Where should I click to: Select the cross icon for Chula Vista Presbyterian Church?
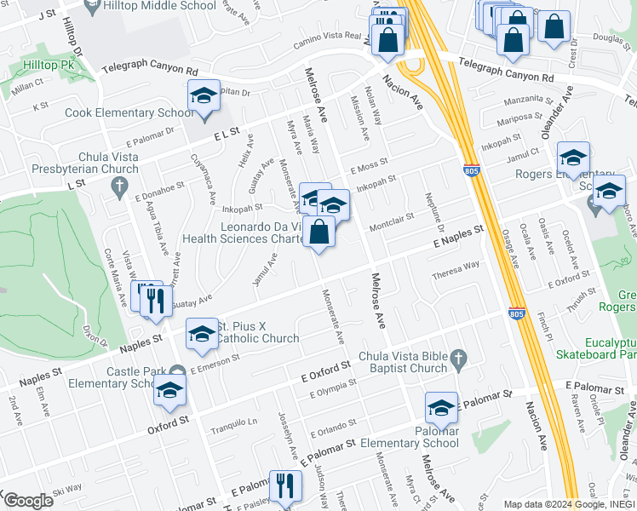point(120,186)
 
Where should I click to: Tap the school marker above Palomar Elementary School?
point(441,409)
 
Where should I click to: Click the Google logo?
point(27,501)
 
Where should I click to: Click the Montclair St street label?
point(391,217)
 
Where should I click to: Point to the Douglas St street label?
point(588,37)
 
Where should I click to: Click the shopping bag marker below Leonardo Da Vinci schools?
point(318,232)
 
